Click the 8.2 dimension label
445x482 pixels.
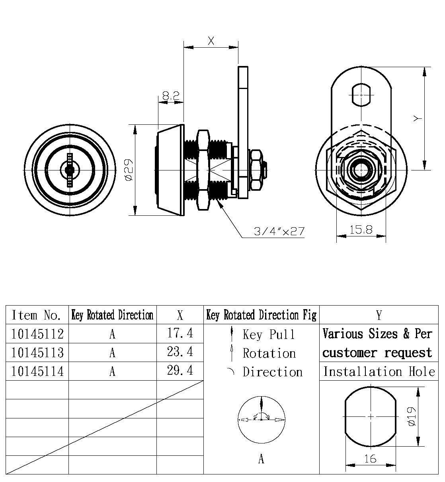pos(171,96)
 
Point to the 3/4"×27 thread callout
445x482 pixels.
pos(279,231)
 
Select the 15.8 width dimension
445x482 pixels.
pos(361,230)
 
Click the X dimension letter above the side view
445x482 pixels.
pos(211,41)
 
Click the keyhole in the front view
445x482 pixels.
pos(70,170)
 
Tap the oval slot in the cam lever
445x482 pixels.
pos(361,95)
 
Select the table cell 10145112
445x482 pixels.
pos(37,334)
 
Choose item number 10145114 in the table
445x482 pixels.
pos(37,371)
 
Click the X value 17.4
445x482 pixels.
pos(180,333)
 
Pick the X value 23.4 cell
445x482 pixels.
pos(180,352)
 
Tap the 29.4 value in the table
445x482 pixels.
pos(180,370)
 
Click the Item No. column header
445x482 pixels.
pos(37,315)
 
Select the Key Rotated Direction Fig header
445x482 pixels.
pos(261,315)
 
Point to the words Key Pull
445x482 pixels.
pos(269,335)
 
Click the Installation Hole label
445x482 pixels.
pos(379,372)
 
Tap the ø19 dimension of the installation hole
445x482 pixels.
pos(412,416)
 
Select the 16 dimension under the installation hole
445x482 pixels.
pos(370,459)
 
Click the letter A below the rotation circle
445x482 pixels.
pos(261,459)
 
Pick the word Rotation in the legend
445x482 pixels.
pos(269,353)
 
